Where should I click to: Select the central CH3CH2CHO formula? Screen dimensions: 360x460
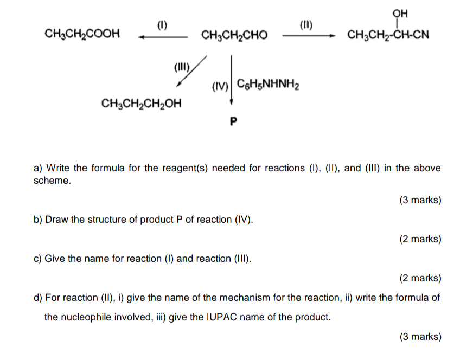(234, 36)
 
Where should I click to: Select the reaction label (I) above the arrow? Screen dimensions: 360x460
(162, 24)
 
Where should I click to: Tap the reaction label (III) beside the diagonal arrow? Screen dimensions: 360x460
(181, 68)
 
